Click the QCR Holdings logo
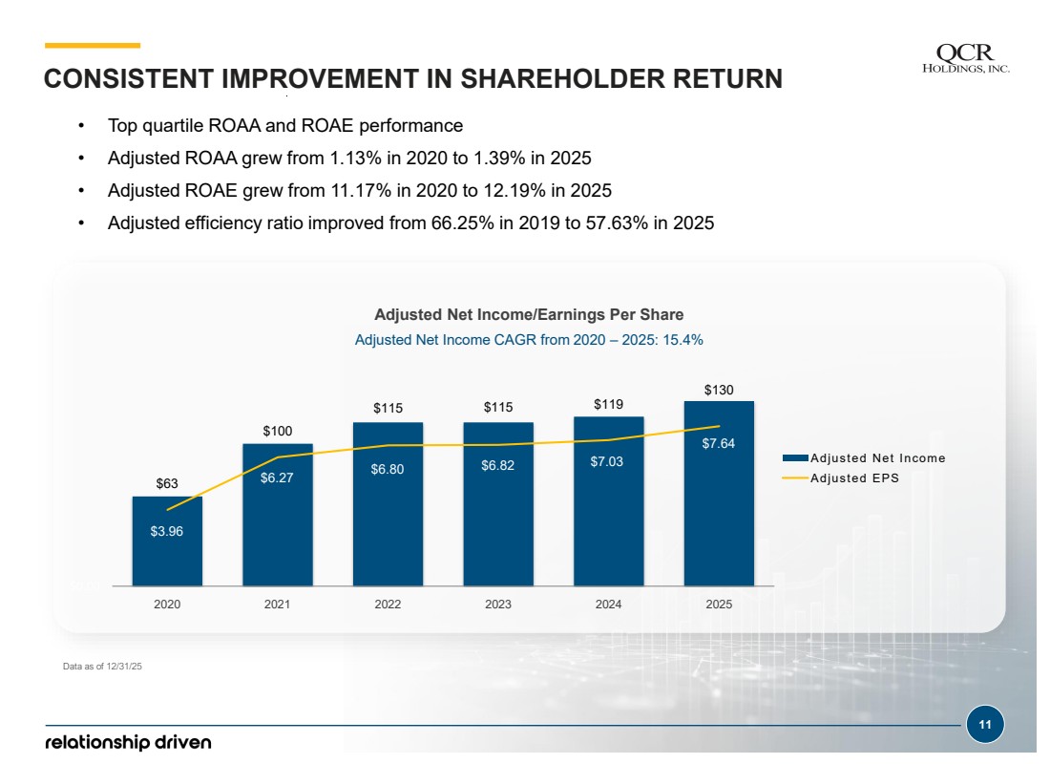tap(966, 58)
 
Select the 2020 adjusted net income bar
tap(167, 541)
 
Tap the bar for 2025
tap(719, 494)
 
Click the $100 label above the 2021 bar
tap(277, 431)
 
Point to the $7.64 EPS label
tap(719, 444)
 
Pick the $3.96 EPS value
tap(167, 531)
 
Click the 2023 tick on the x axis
tap(498, 604)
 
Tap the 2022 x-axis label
tap(388, 604)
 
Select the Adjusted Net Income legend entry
tap(864, 457)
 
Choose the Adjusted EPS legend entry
tap(840, 477)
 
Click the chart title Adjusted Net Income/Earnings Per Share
tap(529, 314)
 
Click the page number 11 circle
tap(985, 725)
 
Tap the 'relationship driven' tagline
tap(128, 742)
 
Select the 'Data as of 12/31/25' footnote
tap(102, 667)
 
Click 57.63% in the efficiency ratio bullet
tap(617, 223)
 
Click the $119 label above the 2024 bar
tap(609, 404)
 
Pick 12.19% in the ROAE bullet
tap(514, 190)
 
